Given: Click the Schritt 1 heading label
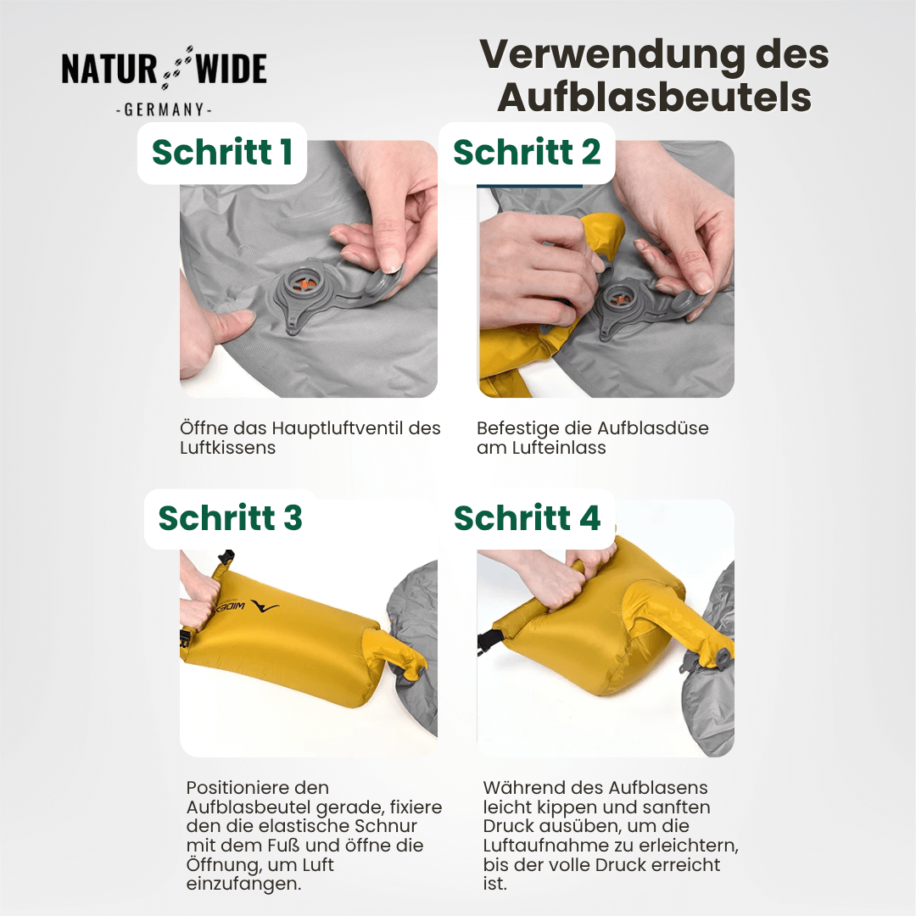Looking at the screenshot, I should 222,152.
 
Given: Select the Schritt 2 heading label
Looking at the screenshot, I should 527,152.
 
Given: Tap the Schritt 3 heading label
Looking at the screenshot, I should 230,518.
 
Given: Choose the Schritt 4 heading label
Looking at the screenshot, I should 527,518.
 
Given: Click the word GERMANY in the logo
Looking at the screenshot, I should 164,110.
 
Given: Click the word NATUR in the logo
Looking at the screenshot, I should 108,70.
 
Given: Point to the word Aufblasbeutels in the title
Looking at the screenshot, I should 654,98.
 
